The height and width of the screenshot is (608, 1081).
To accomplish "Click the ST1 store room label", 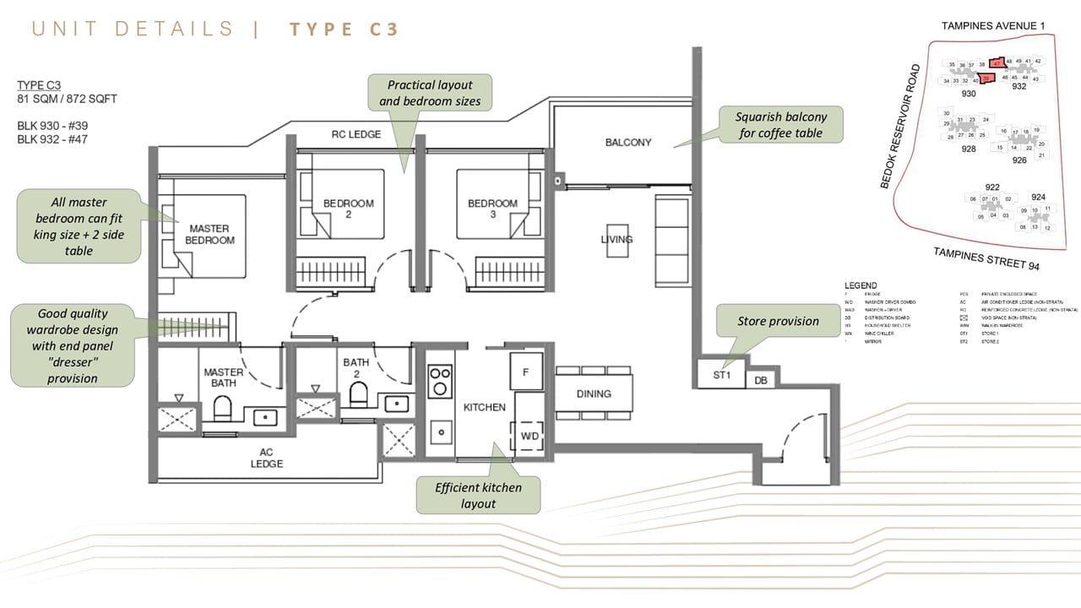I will (x=721, y=374).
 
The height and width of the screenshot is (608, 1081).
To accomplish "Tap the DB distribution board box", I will (x=760, y=381).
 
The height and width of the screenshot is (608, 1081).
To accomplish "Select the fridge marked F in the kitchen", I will (x=526, y=371).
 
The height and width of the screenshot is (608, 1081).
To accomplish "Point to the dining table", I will (x=594, y=394).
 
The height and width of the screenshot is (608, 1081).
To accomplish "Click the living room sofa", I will (x=671, y=240).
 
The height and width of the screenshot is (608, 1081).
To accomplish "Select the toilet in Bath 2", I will (x=358, y=394).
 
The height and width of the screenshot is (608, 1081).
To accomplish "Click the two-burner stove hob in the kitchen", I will (x=440, y=381).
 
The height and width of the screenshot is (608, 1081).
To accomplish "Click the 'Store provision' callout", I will (x=777, y=321).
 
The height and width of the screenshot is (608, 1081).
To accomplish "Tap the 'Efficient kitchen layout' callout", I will (x=478, y=495).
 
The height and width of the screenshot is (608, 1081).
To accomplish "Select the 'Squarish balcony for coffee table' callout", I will (x=780, y=125).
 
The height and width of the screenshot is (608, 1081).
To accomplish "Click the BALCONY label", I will (x=627, y=143).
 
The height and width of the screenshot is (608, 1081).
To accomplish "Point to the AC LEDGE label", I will (x=266, y=458).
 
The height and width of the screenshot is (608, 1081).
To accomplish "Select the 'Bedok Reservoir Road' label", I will (x=899, y=127).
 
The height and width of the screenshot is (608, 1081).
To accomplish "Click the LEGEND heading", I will (x=861, y=285).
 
